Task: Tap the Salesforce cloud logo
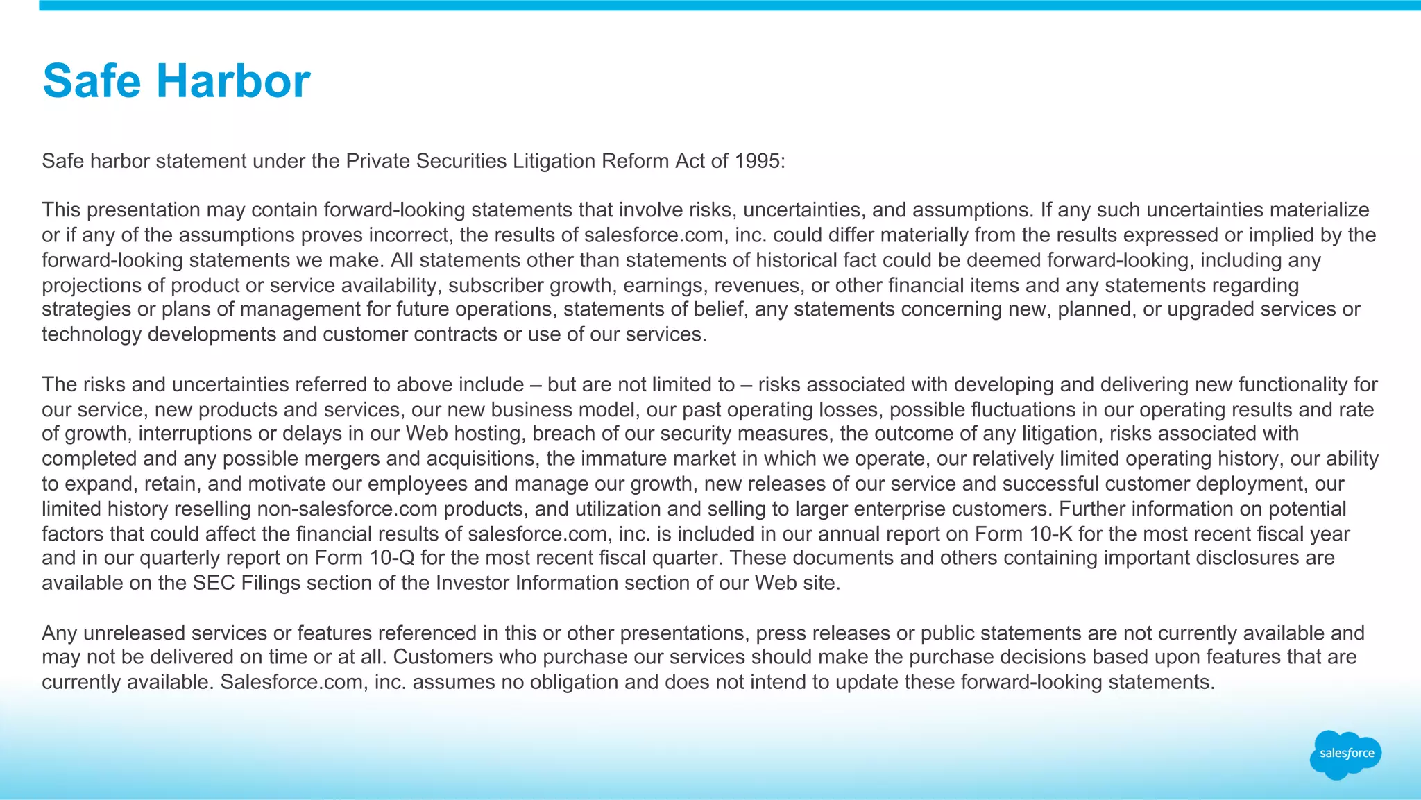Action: [1345, 754]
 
